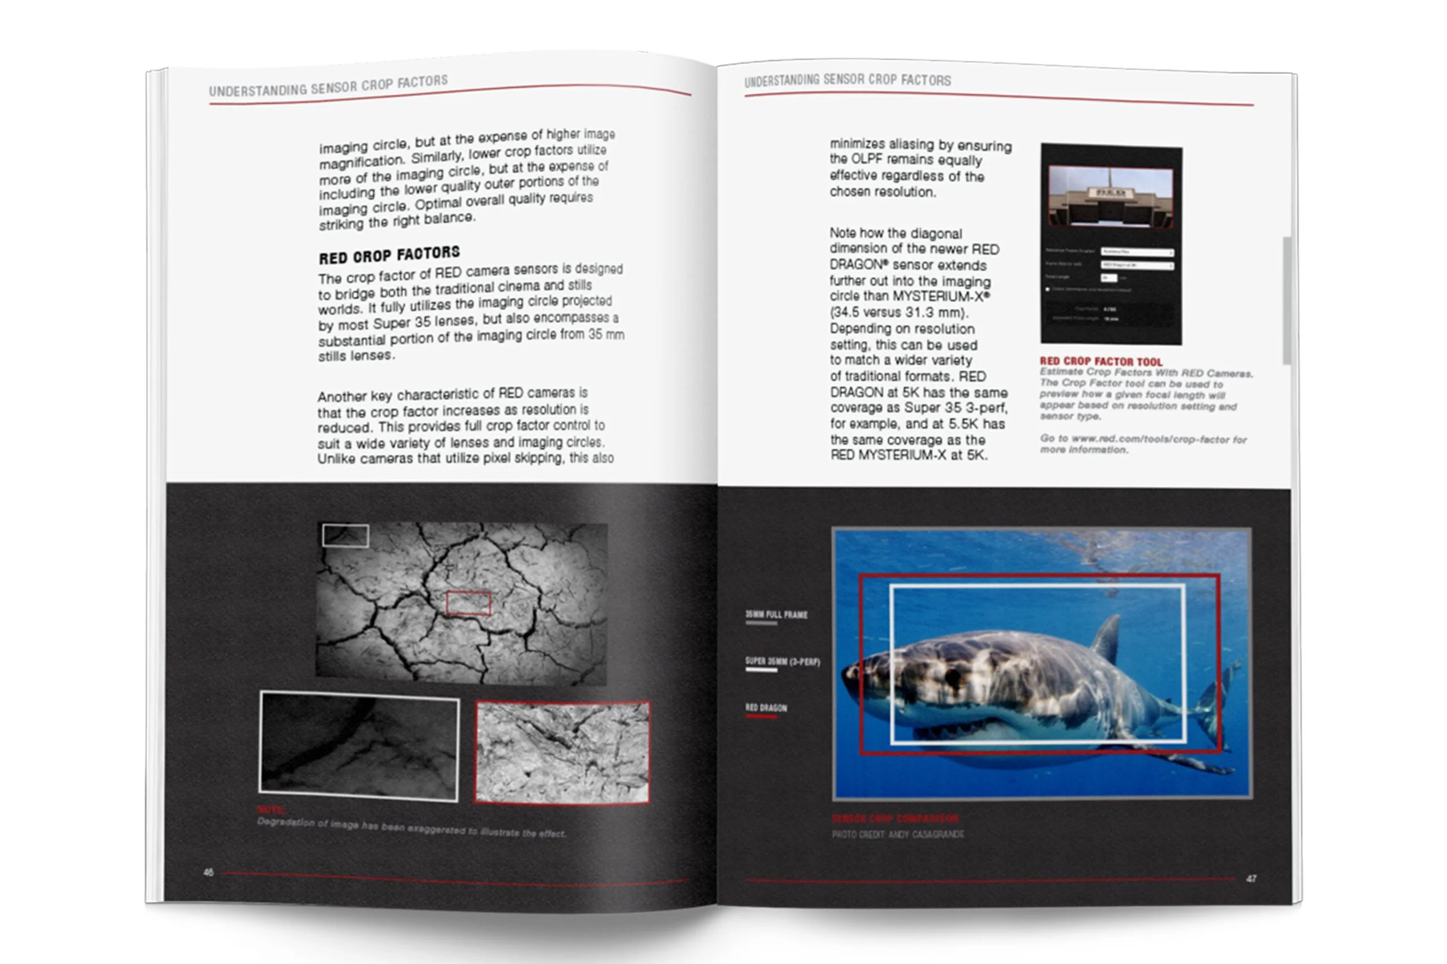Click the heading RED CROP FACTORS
(389, 254)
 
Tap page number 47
(1251, 878)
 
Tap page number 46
(208, 872)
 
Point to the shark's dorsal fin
(1107, 640)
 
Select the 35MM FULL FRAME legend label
(776, 614)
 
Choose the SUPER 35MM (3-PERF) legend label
(783, 662)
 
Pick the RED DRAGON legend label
(766, 708)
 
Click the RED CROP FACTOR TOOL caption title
(1101, 361)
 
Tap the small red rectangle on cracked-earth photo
(468, 603)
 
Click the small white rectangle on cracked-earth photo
(346, 535)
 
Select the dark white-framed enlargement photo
(359, 746)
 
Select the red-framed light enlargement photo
(563, 752)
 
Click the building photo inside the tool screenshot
(1111, 196)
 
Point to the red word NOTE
(270, 809)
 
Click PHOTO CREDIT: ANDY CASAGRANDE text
(898, 834)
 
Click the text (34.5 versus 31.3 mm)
(899, 312)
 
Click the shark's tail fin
(1221, 695)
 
